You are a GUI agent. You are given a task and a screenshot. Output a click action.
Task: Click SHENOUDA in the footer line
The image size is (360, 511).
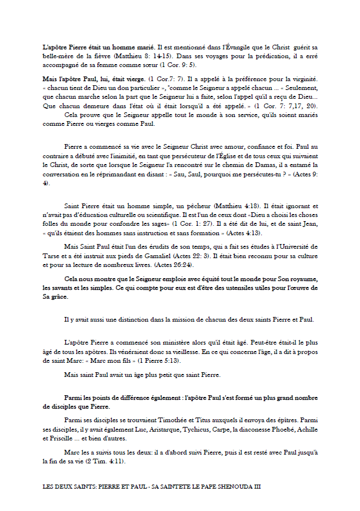232,487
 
